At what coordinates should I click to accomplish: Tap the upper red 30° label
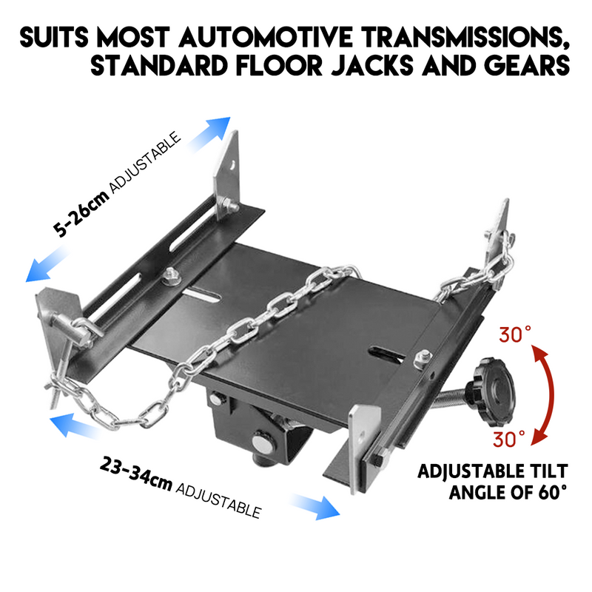(516, 335)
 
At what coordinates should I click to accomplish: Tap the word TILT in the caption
(546, 471)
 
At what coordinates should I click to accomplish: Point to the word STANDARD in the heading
(148, 66)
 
